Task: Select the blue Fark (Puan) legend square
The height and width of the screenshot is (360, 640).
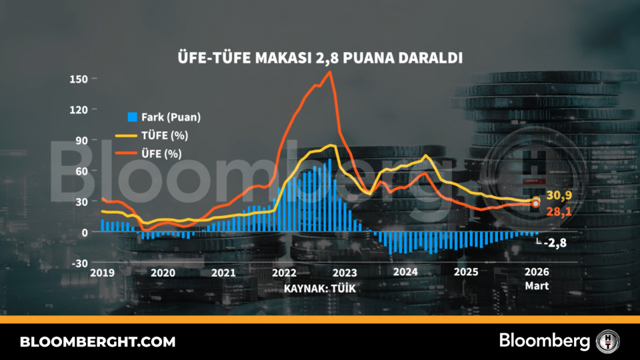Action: coord(132,117)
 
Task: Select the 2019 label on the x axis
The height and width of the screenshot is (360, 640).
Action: coord(103,273)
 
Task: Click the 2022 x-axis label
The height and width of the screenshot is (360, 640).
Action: coord(284,273)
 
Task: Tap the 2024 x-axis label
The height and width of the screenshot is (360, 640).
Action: coord(405,273)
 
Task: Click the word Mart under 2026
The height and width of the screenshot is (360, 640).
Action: coord(537,286)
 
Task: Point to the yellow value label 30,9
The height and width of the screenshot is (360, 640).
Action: coord(559,195)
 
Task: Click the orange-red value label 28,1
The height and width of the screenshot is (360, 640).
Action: coord(559,211)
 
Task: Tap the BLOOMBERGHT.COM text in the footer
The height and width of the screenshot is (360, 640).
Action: coord(98,342)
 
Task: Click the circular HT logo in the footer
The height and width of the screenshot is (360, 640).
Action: coord(607,341)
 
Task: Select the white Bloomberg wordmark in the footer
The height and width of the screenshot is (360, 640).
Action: coord(545,341)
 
